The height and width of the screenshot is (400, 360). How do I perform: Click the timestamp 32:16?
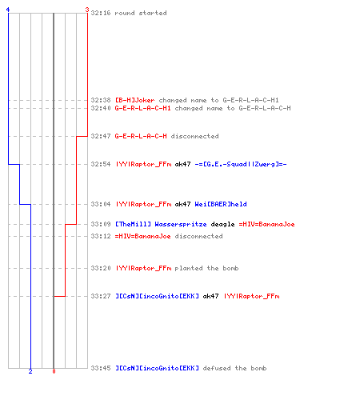[101, 13]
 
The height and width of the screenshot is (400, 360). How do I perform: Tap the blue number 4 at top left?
[8, 10]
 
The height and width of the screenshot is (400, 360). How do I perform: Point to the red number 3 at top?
[87, 10]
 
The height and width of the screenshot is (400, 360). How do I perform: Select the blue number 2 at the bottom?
[30, 371]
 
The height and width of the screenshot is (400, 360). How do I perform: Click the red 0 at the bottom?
[54, 371]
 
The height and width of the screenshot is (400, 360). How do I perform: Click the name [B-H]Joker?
[135, 100]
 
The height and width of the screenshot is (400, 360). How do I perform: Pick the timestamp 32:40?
[101, 108]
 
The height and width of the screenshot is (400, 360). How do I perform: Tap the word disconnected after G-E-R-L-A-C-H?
[194, 136]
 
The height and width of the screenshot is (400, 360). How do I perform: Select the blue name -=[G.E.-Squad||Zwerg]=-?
[241, 164]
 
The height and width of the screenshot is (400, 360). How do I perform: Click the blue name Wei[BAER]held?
[221, 204]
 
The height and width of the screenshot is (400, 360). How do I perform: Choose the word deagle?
[222, 224]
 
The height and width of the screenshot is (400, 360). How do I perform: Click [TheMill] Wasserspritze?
[161, 224]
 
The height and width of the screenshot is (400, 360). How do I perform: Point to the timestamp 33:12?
[101, 236]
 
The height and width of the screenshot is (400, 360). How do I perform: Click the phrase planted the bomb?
[206, 268]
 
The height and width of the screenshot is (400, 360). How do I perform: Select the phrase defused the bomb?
[234, 368]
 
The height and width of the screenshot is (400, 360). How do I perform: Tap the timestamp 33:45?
[101, 368]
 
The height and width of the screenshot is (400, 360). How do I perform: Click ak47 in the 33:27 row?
[210, 296]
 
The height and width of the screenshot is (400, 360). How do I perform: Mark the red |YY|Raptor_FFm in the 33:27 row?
[251, 296]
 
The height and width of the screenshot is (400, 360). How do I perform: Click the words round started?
[141, 13]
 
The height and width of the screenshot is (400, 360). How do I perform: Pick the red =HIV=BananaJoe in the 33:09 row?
[266, 224]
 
